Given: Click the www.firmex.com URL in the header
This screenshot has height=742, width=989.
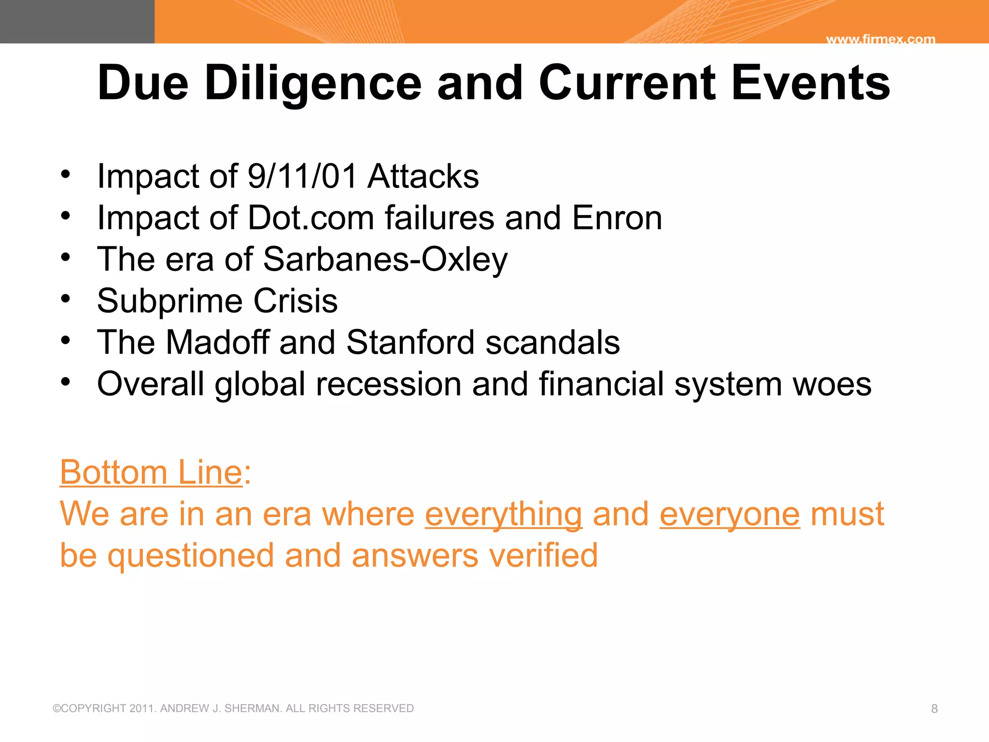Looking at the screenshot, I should (x=880, y=39).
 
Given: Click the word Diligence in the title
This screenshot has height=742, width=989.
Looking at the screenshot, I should (x=313, y=83).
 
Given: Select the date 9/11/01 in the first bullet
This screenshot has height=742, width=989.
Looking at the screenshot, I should (x=302, y=176).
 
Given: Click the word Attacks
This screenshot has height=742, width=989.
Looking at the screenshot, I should (x=423, y=176).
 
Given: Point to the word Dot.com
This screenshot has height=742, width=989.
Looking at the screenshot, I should (x=311, y=218).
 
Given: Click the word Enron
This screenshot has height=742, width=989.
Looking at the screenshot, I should (x=617, y=218).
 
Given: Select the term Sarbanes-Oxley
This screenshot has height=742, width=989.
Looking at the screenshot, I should (x=385, y=260).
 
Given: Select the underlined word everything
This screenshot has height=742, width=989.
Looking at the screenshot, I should (x=503, y=514).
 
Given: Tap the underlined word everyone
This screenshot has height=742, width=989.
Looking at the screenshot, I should (x=729, y=514).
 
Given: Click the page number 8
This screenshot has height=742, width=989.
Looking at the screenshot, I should (x=934, y=709).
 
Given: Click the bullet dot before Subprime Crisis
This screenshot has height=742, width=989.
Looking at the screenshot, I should (x=66, y=299).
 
